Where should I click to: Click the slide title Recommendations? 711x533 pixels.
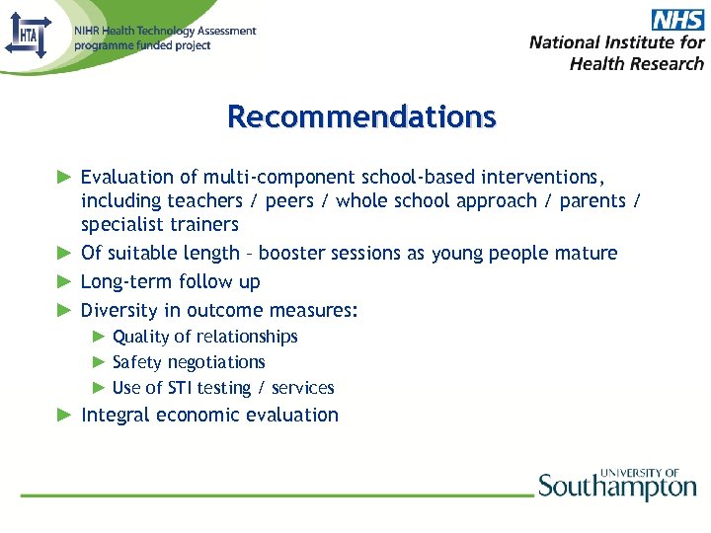[x=361, y=116]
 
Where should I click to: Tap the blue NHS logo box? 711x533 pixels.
[x=676, y=19]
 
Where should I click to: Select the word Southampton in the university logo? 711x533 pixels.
[x=617, y=488]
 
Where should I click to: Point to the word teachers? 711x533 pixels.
[x=204, y=201]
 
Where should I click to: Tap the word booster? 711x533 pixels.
[x=293, y=254]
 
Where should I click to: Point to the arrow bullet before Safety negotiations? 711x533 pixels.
[x=99, y=362]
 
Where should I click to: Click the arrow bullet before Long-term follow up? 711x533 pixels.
[x=65, y=281]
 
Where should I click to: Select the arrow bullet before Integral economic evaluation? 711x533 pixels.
[x=65, y=415]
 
